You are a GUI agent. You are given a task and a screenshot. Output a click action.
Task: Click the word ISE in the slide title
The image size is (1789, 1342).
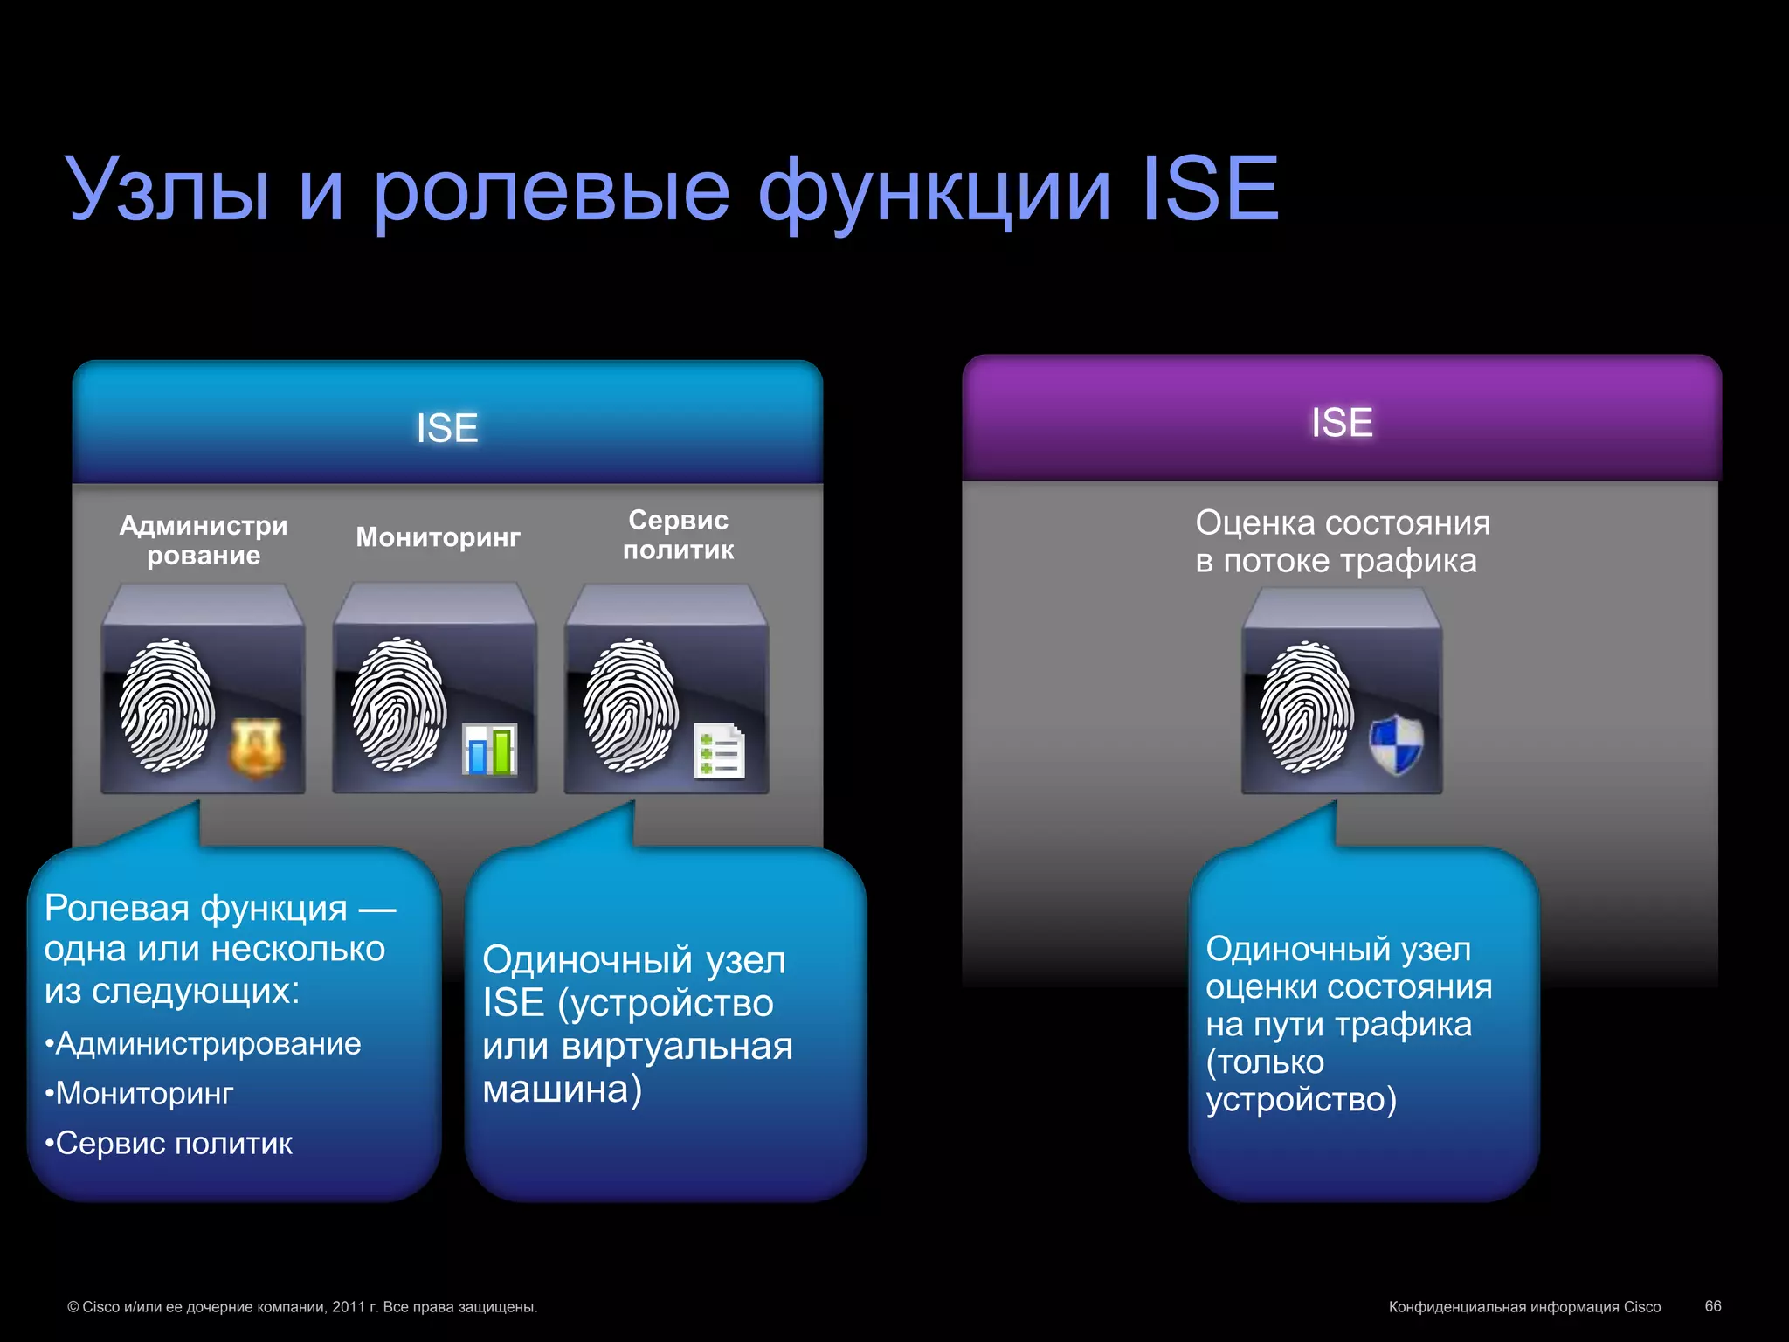(1210, 190)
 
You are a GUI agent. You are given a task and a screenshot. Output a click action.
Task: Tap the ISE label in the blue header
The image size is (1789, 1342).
(447, 428)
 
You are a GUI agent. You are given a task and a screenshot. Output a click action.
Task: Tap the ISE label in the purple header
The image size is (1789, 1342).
(1342, 423)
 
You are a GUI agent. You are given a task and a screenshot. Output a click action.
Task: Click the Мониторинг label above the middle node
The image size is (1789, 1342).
(438, 536)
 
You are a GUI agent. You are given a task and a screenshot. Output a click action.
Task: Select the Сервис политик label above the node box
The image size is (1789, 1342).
(678, 535)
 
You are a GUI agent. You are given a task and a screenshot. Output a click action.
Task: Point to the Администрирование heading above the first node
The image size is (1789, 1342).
(204, 540)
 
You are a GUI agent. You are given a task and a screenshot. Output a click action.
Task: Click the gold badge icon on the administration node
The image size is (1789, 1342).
(256, 748)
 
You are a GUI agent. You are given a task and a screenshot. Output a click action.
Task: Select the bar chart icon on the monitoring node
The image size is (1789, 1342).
(489, 750)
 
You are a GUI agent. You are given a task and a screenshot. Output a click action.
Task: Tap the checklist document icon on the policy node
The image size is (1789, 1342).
(719, 751)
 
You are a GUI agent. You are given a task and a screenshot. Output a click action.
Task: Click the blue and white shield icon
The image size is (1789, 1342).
(1396, 744)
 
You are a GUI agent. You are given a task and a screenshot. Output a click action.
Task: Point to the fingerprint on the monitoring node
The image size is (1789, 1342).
(398, 704)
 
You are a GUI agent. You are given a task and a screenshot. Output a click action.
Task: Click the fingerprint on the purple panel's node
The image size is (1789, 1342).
(1306, 708)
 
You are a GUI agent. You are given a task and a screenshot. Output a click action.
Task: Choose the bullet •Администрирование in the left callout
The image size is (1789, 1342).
(204, 1044)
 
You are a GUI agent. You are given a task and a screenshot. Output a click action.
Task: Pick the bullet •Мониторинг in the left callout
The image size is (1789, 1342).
(140, 1094)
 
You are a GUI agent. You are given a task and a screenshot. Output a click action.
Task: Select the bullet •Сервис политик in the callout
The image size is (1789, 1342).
(169, 1144)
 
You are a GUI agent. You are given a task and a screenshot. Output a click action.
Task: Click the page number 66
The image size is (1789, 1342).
(1712, 1306)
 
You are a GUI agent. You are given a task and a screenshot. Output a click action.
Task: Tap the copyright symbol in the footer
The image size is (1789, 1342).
(73, 1308)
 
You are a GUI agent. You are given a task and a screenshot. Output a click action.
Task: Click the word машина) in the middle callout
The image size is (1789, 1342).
(562, 1090)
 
